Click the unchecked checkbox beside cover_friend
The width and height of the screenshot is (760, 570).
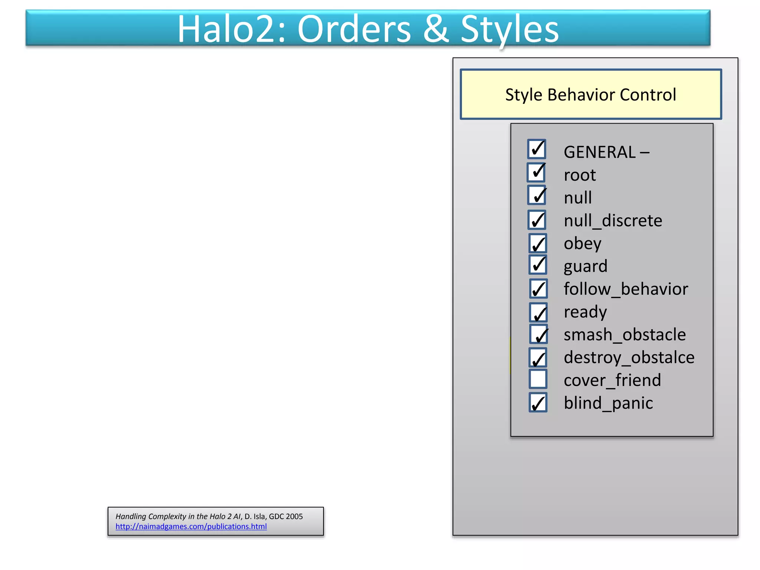point(538,379)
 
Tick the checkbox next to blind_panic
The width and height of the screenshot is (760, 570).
point(538,403)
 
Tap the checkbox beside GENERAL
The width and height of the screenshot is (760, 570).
point(537,149)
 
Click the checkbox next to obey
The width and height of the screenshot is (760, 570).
point(538,243)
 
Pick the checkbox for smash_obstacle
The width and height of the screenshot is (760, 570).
point(538,334)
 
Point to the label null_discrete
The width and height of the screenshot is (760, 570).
point(613,221)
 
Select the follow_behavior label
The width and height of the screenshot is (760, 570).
point(626,289)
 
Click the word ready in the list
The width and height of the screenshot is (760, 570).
point(585,312)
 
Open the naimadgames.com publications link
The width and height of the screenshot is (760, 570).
point(191,526)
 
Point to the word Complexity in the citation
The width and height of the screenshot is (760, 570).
point(167,516)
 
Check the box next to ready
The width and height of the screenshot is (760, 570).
point(538,312)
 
